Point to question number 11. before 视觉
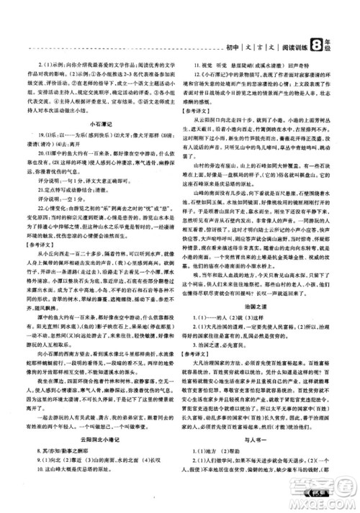click(197, 67)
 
